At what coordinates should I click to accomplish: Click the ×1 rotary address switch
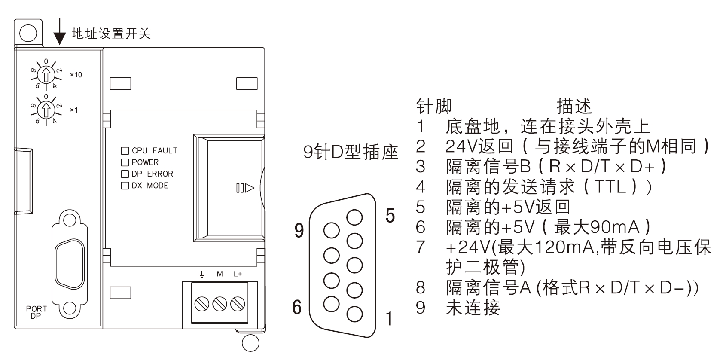[46, 110]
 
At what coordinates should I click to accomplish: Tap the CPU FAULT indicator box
[125, 151]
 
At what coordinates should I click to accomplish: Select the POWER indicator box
[125, 162]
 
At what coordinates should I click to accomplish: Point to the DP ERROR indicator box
[125, 174]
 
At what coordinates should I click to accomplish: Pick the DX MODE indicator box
[125, 186]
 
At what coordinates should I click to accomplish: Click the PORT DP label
[36, 311]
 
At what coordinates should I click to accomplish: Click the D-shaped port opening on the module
[68, 264]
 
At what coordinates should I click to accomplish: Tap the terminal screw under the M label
[220, 304]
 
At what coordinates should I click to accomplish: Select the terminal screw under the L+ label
[237, 304]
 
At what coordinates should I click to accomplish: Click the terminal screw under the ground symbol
[202, 304]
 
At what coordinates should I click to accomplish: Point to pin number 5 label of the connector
[390, 215]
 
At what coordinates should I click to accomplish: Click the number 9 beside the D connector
[299, 231]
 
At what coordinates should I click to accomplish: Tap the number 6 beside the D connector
[296, 307]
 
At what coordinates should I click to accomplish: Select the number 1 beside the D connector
[389, 318]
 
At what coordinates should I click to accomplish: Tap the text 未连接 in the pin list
[473, 307]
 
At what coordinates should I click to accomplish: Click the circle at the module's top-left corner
[28, 33]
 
